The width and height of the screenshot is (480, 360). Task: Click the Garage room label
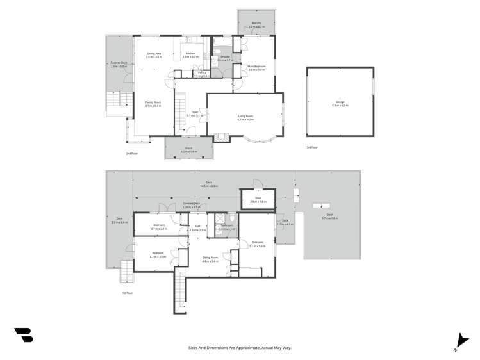(340, 102)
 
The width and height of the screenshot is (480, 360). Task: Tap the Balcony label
(256, 24)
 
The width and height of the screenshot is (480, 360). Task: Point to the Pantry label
(202, 74)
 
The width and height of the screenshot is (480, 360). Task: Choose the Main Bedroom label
(256, 67)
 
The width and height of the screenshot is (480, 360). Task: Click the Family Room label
(153, 104)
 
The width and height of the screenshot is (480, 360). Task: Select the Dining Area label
(154, 55)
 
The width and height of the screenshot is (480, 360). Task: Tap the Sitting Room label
(210, 259)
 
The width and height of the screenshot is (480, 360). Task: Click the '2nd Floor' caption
(132, 154)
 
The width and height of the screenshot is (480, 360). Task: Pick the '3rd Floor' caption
(311, 147)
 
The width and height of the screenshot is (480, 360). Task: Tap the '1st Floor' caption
(128, 293)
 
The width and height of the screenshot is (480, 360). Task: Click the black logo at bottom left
(24, 334)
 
